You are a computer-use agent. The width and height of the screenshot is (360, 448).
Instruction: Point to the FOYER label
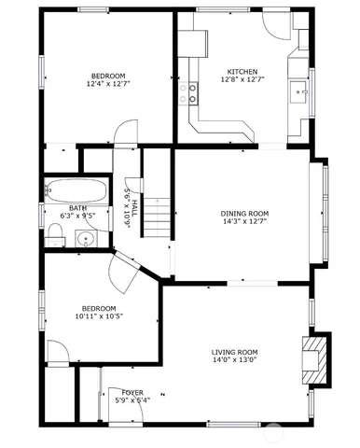[x=132, y=393]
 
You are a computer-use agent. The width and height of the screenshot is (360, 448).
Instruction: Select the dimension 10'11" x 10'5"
[x=99, y=316]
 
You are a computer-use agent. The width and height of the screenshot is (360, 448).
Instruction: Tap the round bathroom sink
[x=86, y=238]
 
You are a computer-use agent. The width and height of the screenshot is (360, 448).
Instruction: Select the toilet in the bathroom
[x=55, y=239]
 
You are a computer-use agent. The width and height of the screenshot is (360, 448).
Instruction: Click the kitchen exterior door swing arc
[x=277, y=26]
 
